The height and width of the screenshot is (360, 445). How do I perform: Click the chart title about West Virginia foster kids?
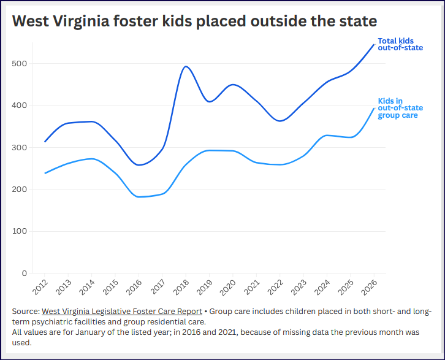(194, 21)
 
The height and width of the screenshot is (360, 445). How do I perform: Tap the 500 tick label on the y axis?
(20, 64)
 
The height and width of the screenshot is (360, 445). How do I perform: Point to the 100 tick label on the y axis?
(20, 231)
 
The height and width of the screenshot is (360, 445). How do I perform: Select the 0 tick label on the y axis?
(25, 274)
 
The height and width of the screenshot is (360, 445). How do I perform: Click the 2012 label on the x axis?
(41, 286)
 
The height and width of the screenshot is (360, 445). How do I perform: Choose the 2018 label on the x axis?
(183, 286)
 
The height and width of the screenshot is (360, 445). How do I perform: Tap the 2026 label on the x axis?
(371, 286)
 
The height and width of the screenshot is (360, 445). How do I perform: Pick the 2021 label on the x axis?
(253, 286)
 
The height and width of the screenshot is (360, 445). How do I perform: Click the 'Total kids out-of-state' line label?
(392, 44)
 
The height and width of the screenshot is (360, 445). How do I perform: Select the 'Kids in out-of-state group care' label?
(397, 108)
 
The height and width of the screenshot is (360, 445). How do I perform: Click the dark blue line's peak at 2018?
(186, 66)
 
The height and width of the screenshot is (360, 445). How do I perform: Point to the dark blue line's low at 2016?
(139, 165)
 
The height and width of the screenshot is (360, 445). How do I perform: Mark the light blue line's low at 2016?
(139, 197)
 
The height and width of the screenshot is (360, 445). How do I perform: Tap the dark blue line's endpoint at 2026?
(374, 44)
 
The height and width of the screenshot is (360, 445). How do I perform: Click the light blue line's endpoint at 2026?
(374, 109)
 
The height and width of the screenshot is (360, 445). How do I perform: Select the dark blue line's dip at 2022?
(280, 121)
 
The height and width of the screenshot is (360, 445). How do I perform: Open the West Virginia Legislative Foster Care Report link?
(121, 312)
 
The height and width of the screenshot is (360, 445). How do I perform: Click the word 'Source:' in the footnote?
(26, 312)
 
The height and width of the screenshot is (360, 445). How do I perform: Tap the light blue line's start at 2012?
(45, 173)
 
